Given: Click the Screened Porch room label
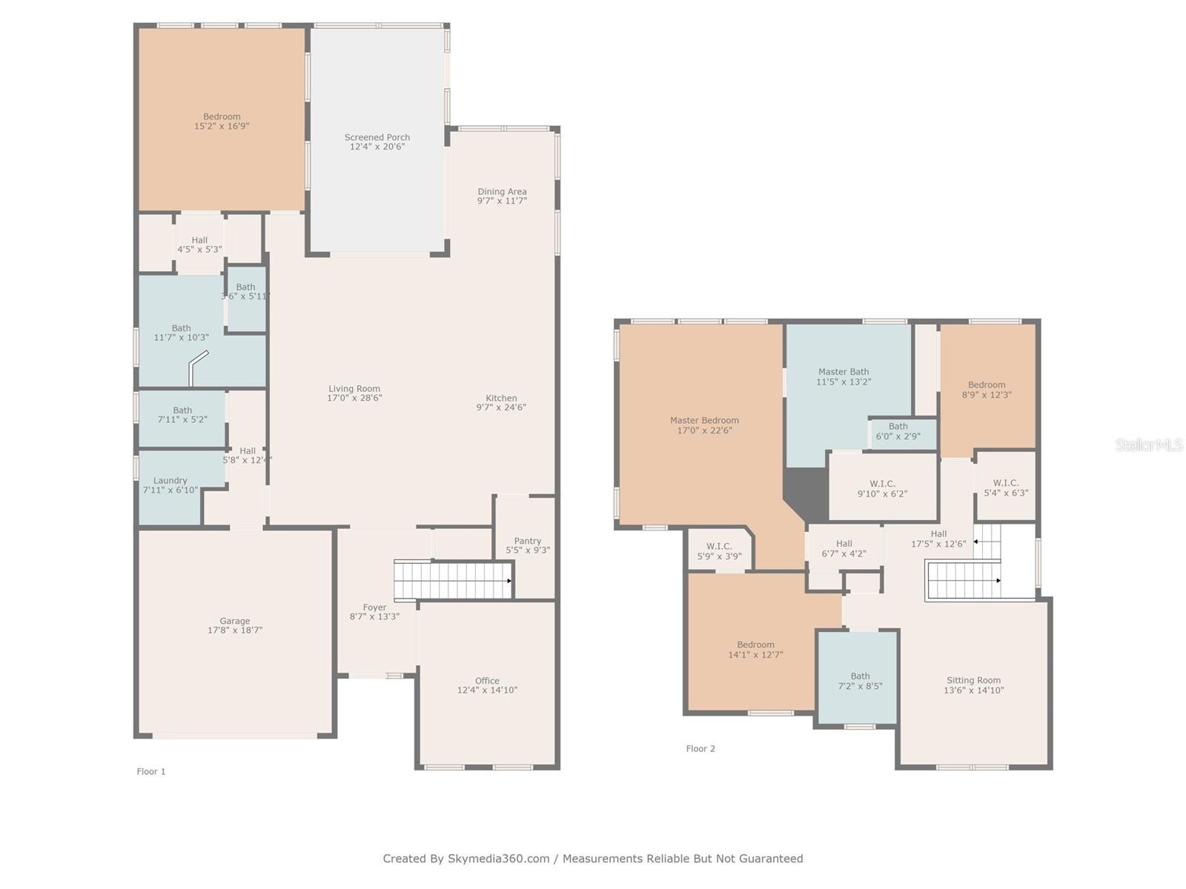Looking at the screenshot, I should tap(377, 137).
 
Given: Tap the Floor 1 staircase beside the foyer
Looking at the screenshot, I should tap(452, 580).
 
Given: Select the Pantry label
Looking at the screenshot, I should tap(527, 541).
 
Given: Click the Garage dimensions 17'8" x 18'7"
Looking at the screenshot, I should tap(235, 630).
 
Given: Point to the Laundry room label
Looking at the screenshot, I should tap(170, 480).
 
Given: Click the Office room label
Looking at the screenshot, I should tap(487, 681).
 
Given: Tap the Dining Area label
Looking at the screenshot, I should tap(502, 191).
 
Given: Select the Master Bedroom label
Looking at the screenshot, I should tap(704, 420).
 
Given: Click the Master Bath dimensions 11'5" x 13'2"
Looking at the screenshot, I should tap(844, 382).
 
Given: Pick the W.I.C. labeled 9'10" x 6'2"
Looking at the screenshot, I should tap(882, 488).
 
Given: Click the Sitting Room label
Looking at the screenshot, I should tap(973, 680).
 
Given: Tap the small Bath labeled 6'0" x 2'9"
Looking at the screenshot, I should tap(898, 431).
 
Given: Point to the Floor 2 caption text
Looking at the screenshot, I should tap(700, 748).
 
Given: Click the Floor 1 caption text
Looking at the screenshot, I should tap(151, 771).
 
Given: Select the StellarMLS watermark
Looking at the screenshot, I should tap(1148, 444).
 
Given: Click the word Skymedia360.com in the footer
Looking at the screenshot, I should tap(498, 859).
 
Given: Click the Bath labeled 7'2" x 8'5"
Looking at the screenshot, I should tap(860, 681).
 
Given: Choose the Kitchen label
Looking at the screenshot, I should tap(501, 398).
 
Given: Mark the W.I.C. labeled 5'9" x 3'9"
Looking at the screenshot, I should tap(719, 551).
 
